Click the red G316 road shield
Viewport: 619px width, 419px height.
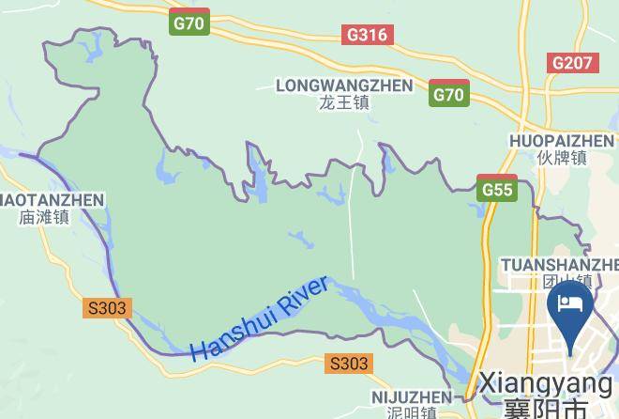(367, 35)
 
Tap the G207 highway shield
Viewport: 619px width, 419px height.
(571, 63)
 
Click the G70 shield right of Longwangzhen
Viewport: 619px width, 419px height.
(449, 94)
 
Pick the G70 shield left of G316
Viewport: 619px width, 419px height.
(189, 23)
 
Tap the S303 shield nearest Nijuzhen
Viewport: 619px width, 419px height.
(349, 363)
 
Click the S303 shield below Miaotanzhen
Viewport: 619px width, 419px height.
(106, 307)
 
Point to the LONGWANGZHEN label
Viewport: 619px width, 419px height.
(344, 85)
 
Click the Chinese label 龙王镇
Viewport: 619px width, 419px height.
(344, 102)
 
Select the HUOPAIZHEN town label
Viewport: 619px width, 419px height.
(561, 141)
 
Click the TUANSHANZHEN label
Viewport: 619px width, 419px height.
(559, 264)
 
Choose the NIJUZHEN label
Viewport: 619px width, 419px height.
(411, 397)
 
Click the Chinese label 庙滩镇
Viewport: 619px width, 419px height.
(44, 217)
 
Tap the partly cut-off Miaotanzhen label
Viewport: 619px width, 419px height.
(52, 199)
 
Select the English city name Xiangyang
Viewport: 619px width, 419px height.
(545, 384)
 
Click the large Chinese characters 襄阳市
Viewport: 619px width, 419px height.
(545, 409)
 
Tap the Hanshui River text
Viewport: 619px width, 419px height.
(259, 318)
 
